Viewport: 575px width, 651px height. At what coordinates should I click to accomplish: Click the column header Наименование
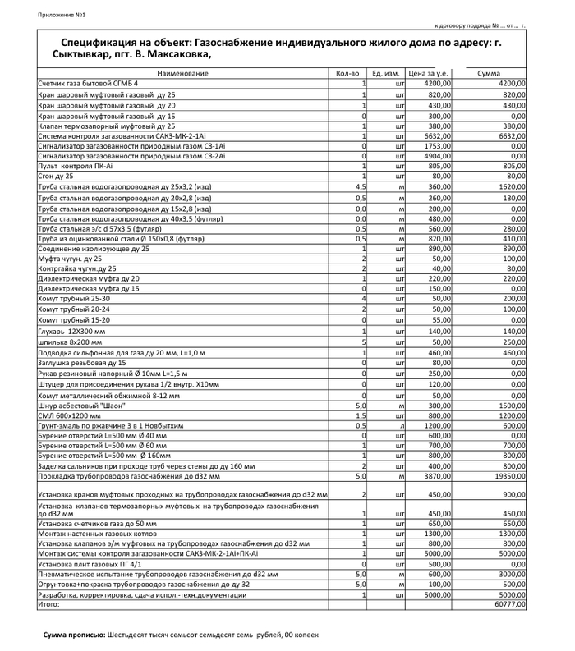[x=182, y=74]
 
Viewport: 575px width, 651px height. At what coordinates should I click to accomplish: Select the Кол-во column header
[x=347, y=74]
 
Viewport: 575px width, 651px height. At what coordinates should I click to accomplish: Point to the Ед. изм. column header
[x=386, y=74]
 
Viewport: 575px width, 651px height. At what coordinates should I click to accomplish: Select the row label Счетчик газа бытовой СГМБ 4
[x=89, y=84]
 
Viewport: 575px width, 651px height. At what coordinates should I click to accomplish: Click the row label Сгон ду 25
[x=56, y=176]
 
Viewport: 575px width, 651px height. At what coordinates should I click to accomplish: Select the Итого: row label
[x=49, y=603]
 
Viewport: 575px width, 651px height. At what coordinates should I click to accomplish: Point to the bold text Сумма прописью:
[x=74, y=635]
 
